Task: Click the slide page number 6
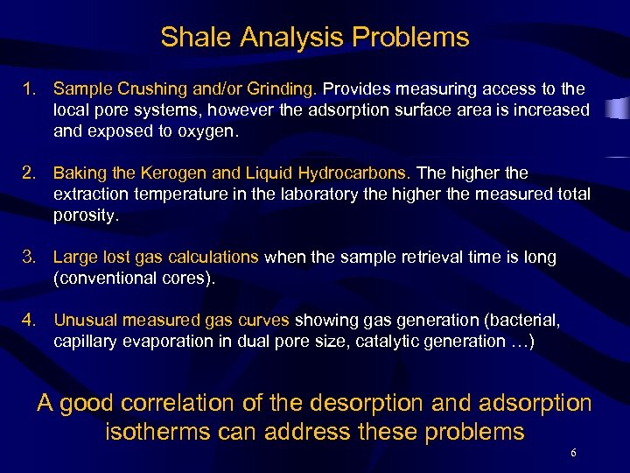pos(572,453)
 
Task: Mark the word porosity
pos(85,215)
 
